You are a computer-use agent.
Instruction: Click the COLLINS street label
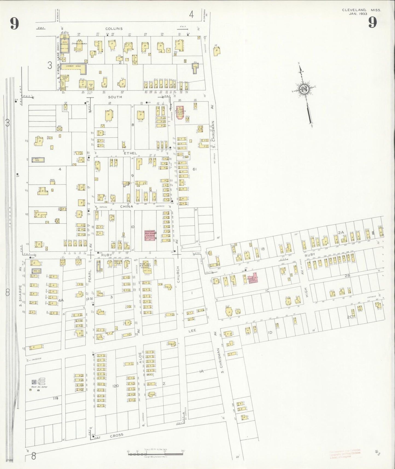point(114,28)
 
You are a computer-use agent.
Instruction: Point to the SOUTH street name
point(115,97)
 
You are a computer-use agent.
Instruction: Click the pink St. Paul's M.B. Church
point(180,112)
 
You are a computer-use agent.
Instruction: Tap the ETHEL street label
point(130,154)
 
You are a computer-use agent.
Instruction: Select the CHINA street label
point(127,207)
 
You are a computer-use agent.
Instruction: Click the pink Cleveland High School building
point(150,235)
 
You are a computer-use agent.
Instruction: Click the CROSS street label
point(117,435)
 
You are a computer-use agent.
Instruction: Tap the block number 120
point(116,386)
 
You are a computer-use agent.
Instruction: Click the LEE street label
point(192,331)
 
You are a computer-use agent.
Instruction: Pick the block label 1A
point(201,371)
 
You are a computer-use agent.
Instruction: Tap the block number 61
point(195,169)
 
